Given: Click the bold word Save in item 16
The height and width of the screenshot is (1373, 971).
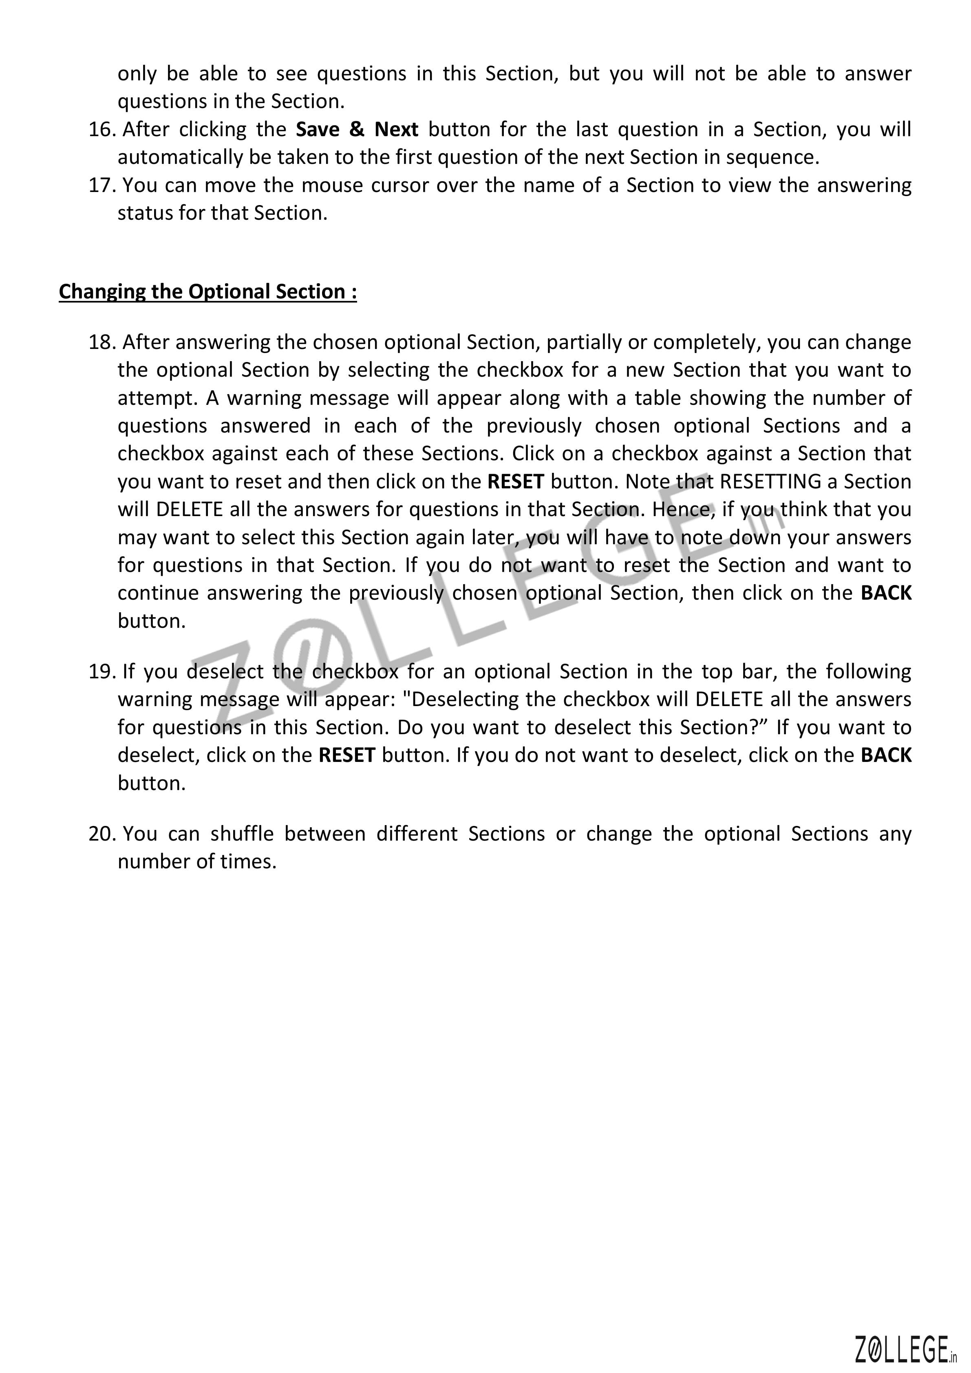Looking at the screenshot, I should pos(318,129).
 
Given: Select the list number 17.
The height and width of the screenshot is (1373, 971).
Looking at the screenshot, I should pos(101,185).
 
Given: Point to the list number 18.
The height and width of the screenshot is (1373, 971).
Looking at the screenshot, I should pos(101,343).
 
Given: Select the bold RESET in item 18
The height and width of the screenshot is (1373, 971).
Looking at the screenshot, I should pos(515,482).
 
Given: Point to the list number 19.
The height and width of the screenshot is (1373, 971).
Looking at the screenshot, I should pos(101,672).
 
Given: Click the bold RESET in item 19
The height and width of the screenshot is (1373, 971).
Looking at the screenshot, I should pos(347,756).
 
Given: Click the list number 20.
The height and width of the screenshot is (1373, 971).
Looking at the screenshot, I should pos(101,834).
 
